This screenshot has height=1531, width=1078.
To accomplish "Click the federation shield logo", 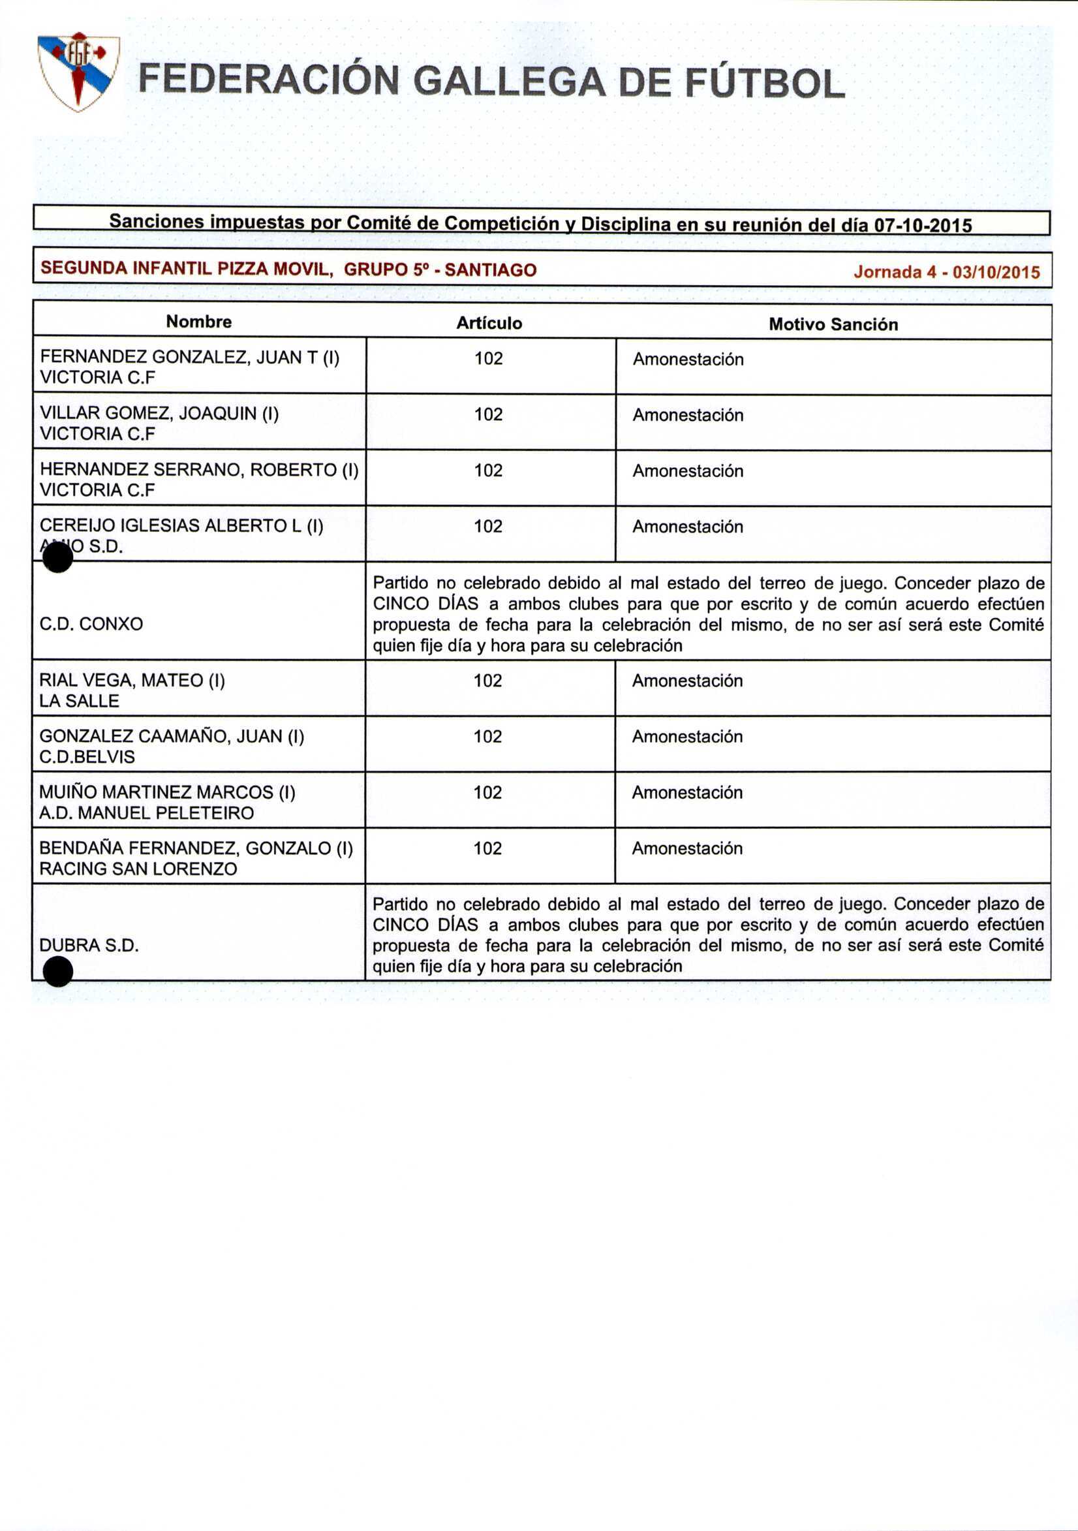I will click(78, 71).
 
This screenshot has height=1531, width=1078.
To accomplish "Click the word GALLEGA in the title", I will click(510, 84).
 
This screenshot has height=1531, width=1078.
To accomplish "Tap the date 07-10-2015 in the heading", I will click(923, 225).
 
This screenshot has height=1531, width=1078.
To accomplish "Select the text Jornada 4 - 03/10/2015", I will click(946, 272).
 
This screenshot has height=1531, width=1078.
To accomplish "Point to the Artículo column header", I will click(489, 324).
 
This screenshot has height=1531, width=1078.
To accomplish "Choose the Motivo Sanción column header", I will click(833, 325).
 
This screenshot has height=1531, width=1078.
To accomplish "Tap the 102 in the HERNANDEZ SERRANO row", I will click(488, 471).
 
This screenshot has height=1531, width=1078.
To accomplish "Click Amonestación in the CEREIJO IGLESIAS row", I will click(687, 527).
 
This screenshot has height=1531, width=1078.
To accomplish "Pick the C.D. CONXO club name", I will click(91, 624).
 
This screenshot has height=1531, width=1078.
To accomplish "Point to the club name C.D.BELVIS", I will click(87, 757).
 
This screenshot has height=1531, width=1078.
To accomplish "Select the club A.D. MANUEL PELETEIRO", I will click(147, 813).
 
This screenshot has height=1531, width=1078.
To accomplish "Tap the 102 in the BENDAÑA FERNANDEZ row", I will click(487, 848).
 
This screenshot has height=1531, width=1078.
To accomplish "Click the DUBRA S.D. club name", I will click(89, 945).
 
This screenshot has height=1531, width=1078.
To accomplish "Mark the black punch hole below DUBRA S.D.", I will click(57, 971).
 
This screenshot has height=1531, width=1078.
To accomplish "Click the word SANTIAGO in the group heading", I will click(490, 270).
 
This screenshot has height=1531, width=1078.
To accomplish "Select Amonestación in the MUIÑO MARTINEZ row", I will click(686, 792).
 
